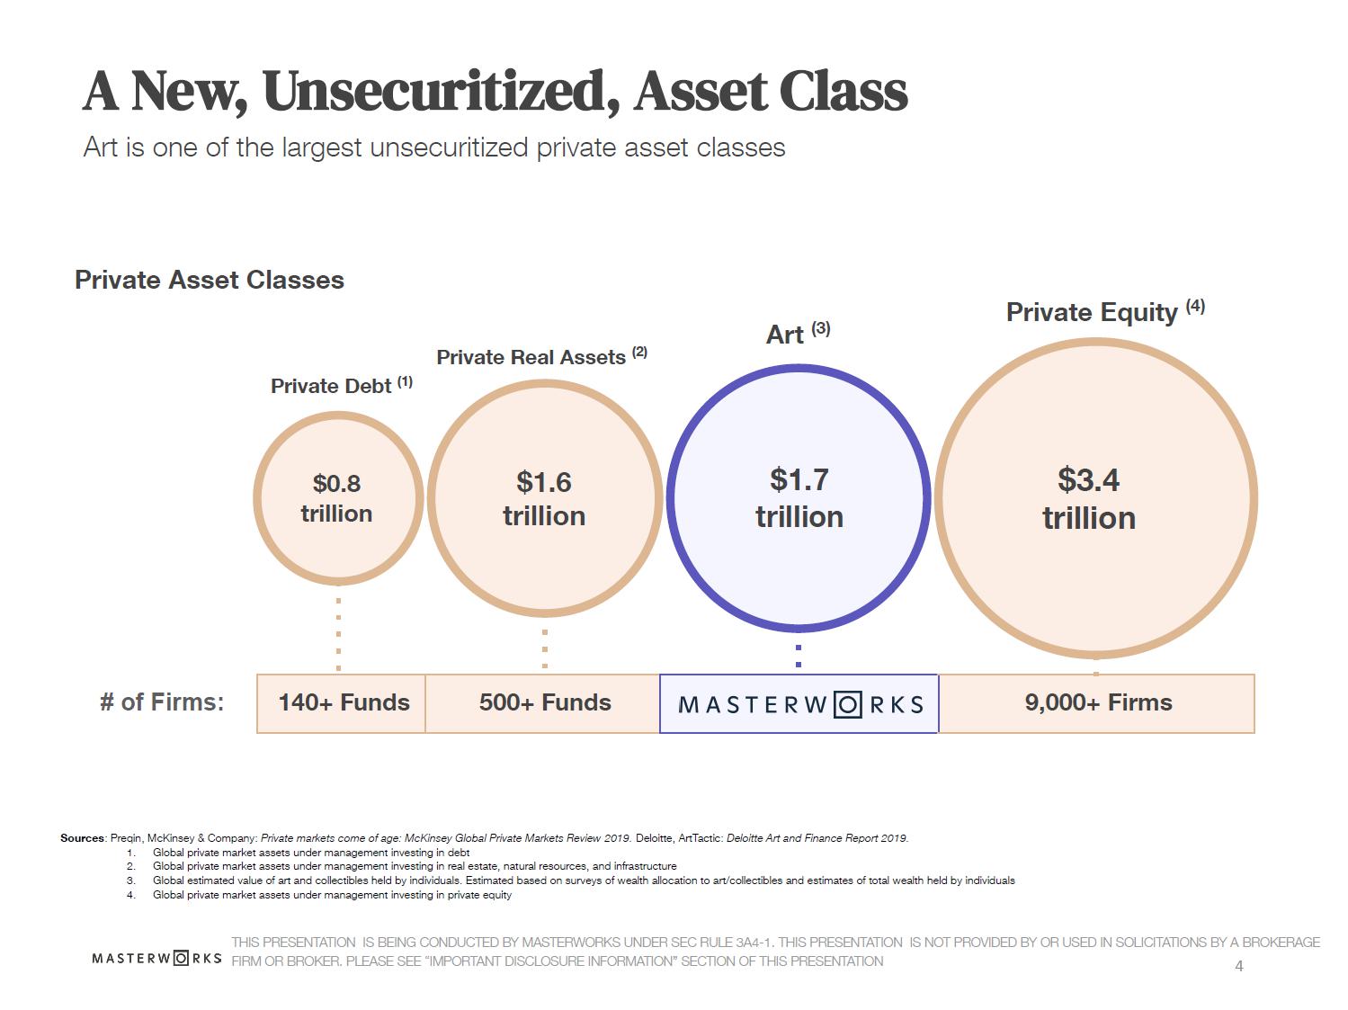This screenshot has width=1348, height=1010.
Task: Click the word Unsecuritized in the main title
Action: (x=441, y=91)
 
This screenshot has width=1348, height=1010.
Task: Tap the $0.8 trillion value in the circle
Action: (x=336, y=498)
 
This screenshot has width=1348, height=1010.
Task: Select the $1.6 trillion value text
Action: (x=544, y=498)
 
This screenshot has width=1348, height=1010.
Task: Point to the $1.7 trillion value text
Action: (x=799, y=498)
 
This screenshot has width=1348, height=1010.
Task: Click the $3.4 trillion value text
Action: (x=1088, y=498)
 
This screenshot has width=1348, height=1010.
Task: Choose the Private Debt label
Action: (x=331, y=386)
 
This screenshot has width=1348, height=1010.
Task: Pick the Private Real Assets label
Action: (x=531, y=357)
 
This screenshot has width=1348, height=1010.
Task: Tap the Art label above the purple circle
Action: (x=785, y=335)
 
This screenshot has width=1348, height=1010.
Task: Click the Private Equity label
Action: (x=1091, y=312)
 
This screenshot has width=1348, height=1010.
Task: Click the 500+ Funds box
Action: (x=544, y=703)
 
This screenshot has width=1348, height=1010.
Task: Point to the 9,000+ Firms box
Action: (x=1097, y=703)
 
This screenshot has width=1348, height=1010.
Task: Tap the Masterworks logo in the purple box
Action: (x=799, y=704)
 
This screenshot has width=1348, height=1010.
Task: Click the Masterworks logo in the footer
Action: (x=156, y=958)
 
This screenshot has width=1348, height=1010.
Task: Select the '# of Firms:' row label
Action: (x=162, y=702)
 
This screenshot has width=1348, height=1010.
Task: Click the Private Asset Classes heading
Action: (x=210, y=280)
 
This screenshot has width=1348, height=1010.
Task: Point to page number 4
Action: (x=1239, y=967)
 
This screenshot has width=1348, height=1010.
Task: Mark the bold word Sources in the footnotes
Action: (x=83, y=838)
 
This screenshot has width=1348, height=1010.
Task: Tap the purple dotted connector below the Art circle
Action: (x=799, y=654)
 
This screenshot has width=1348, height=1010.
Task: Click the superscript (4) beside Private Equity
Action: (x=1195, y=306)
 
